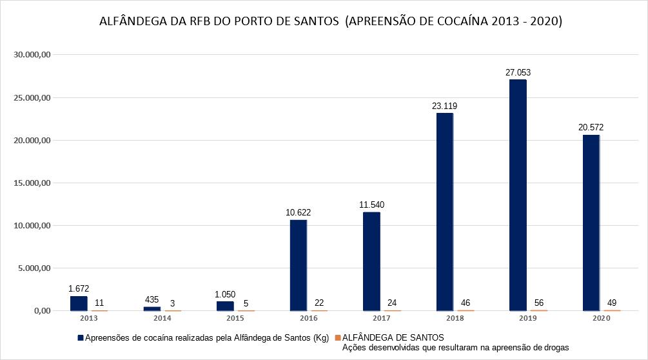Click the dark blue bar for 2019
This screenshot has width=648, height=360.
518,195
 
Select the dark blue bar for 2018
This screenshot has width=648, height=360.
444,212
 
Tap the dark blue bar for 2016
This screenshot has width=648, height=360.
298,265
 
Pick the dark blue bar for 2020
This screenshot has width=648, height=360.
591,223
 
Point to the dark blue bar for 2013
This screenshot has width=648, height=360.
79,303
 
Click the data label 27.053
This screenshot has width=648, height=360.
518,72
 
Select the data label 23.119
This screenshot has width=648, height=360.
445,106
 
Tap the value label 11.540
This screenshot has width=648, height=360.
371,205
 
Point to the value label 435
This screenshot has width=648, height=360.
152,299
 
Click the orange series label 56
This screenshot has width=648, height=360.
539,302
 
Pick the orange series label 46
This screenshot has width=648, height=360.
466,302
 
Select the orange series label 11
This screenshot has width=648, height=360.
99,302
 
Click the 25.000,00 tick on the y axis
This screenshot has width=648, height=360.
33,98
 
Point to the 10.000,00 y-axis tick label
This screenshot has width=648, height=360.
33,225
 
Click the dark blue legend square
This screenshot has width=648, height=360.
81,337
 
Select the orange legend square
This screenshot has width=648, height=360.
337,337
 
